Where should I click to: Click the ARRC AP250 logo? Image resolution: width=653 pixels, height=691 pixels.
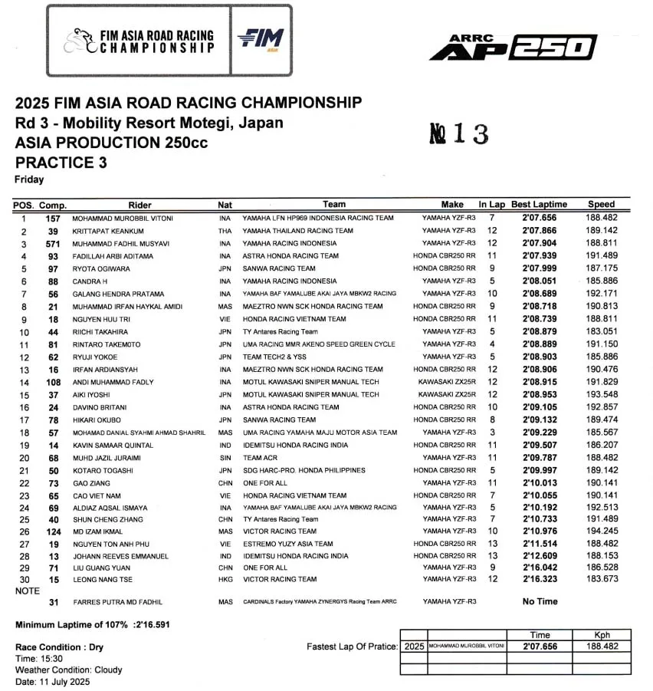coord(513,48)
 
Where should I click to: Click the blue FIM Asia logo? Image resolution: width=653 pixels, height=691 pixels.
coord(261,39)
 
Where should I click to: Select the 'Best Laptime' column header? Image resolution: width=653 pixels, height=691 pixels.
coord(540,205)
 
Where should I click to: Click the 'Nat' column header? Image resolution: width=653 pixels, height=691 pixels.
coord(225,205)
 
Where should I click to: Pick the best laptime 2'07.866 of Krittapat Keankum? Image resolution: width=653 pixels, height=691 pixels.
coord(540,231)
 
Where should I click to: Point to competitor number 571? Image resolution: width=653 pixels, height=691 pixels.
coord(53,243)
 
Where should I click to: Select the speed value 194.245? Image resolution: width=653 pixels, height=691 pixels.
coord(602,531)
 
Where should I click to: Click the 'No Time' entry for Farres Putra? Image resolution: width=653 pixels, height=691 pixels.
coord(539,602)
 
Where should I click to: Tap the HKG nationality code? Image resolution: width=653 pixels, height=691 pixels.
coord(225,579)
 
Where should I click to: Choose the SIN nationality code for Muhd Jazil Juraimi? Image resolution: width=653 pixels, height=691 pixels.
coord(225,458)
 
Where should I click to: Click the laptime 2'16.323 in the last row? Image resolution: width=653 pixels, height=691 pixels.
coord(540,579)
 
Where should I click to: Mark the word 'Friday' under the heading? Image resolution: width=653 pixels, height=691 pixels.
coord(29,179)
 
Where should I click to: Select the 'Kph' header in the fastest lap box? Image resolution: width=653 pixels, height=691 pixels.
coord(602,635)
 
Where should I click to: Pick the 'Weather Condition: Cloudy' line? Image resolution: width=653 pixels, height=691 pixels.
coord(69,670)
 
